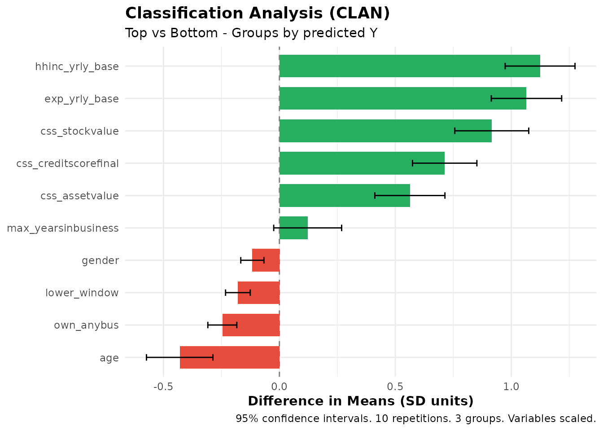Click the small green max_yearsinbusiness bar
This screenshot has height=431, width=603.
[x=293, y=228]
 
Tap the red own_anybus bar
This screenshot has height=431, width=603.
[x=251, y=325]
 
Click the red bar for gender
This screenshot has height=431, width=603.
[x=266, y=260]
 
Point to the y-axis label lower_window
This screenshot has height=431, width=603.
[x=82, y=293]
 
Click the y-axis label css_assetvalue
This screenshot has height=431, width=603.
[x=79, y=196]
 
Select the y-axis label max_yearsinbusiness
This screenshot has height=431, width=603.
[x=63, y=228]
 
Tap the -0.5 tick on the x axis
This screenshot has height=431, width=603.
[x=163, y=387]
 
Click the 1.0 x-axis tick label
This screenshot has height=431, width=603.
[x=511, y=387]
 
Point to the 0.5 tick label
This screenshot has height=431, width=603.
[x=395, y=387]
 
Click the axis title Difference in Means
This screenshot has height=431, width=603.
[x=360, y=401]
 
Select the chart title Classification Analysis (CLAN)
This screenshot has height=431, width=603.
[x=258, y=13]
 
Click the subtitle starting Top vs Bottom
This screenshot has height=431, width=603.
[x=251, y=33]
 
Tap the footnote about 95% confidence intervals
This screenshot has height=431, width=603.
[x=415, y=418]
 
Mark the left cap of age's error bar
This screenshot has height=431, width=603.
[x=147, y=357]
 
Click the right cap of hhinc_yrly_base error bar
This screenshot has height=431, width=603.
[x=575, y=66]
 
